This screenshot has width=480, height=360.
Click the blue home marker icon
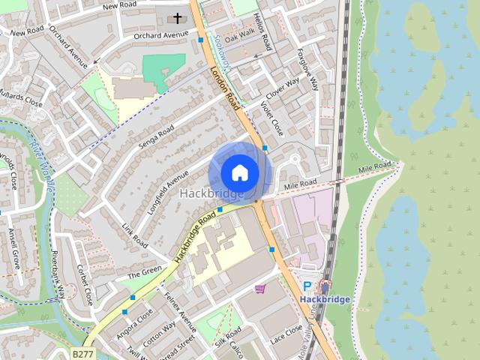[x=239, y=172]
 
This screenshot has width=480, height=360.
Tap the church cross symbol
[x=178, y=17]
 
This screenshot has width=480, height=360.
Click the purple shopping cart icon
[x=260, y=288]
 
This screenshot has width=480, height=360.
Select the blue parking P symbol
[x=307, y=286]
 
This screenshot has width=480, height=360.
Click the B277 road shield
[x=83, y=352]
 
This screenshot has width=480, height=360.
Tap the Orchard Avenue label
[x=160, y=35]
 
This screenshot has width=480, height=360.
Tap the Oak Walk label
[x=241, y=36]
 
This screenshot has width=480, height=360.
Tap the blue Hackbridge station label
[x=325, y=300]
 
